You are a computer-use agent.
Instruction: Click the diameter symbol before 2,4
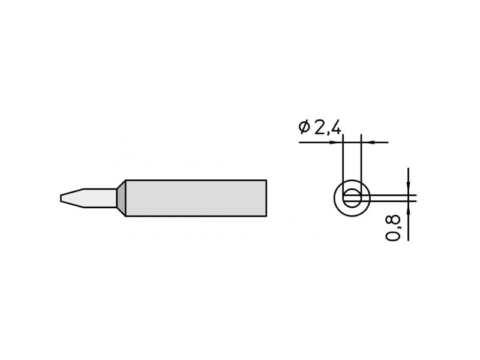pos(304,127)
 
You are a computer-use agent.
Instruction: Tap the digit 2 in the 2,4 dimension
pos(319,127)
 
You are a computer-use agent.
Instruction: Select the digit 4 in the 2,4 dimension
pos(335,127)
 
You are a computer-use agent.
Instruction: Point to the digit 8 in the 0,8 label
pos(393,221)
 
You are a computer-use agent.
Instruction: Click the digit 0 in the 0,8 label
pos(393,236)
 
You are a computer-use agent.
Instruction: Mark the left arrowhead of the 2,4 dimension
pos(338,142)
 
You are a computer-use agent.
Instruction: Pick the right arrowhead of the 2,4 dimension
pos(367,142)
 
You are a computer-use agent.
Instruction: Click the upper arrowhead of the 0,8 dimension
pos(408,188)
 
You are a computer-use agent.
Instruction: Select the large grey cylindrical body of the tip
pos(196,198)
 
